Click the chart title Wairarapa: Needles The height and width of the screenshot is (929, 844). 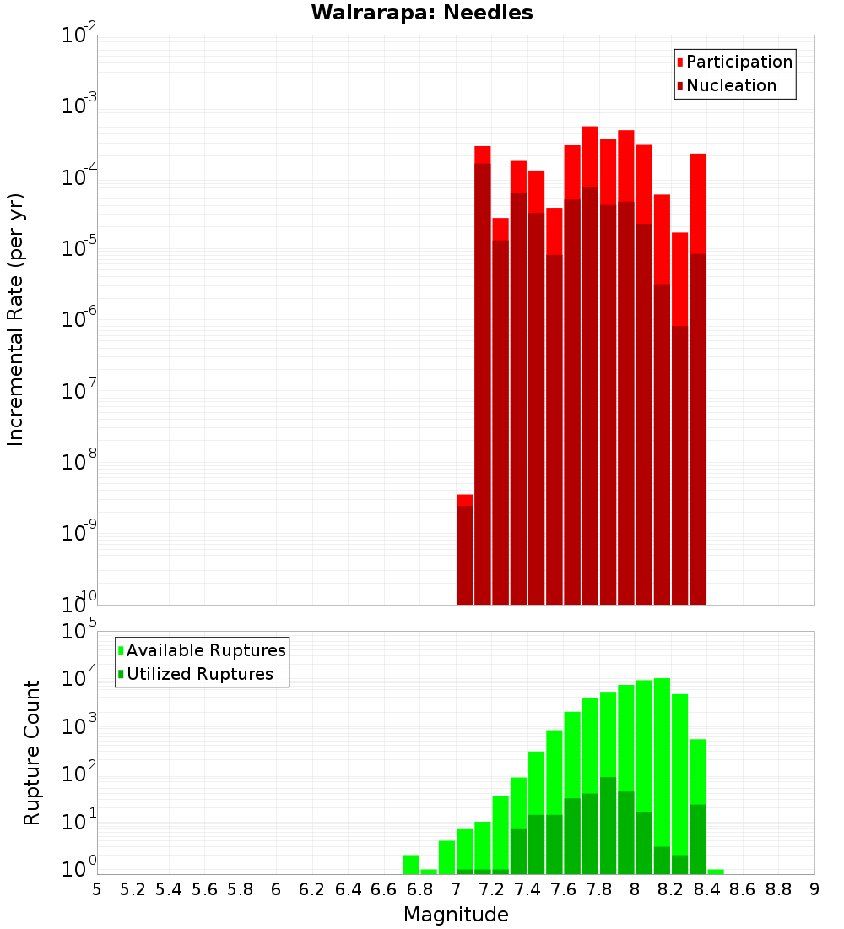tap(422, 13)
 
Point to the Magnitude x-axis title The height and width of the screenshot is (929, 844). tap(456, 915)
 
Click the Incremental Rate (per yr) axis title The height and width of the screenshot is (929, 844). tap(16, 319)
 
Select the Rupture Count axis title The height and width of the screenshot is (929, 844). tap(32, 752)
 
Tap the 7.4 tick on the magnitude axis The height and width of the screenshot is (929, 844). tap(527, 889)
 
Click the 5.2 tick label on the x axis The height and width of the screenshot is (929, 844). tap(133, 889)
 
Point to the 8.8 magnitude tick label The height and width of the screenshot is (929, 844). tap(778, 889)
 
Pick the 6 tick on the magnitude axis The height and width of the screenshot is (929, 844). tap(276, 889)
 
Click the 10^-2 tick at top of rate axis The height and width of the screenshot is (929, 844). tap(79, 35)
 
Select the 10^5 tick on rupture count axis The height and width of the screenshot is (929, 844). tap(79, 631)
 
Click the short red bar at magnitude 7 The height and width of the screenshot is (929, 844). tap(464, 549)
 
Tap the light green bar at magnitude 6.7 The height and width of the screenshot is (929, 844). tap(411, 864)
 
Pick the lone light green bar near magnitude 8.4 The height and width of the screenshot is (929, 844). tap(716, 871)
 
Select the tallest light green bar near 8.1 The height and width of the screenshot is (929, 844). tap(662, 760)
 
